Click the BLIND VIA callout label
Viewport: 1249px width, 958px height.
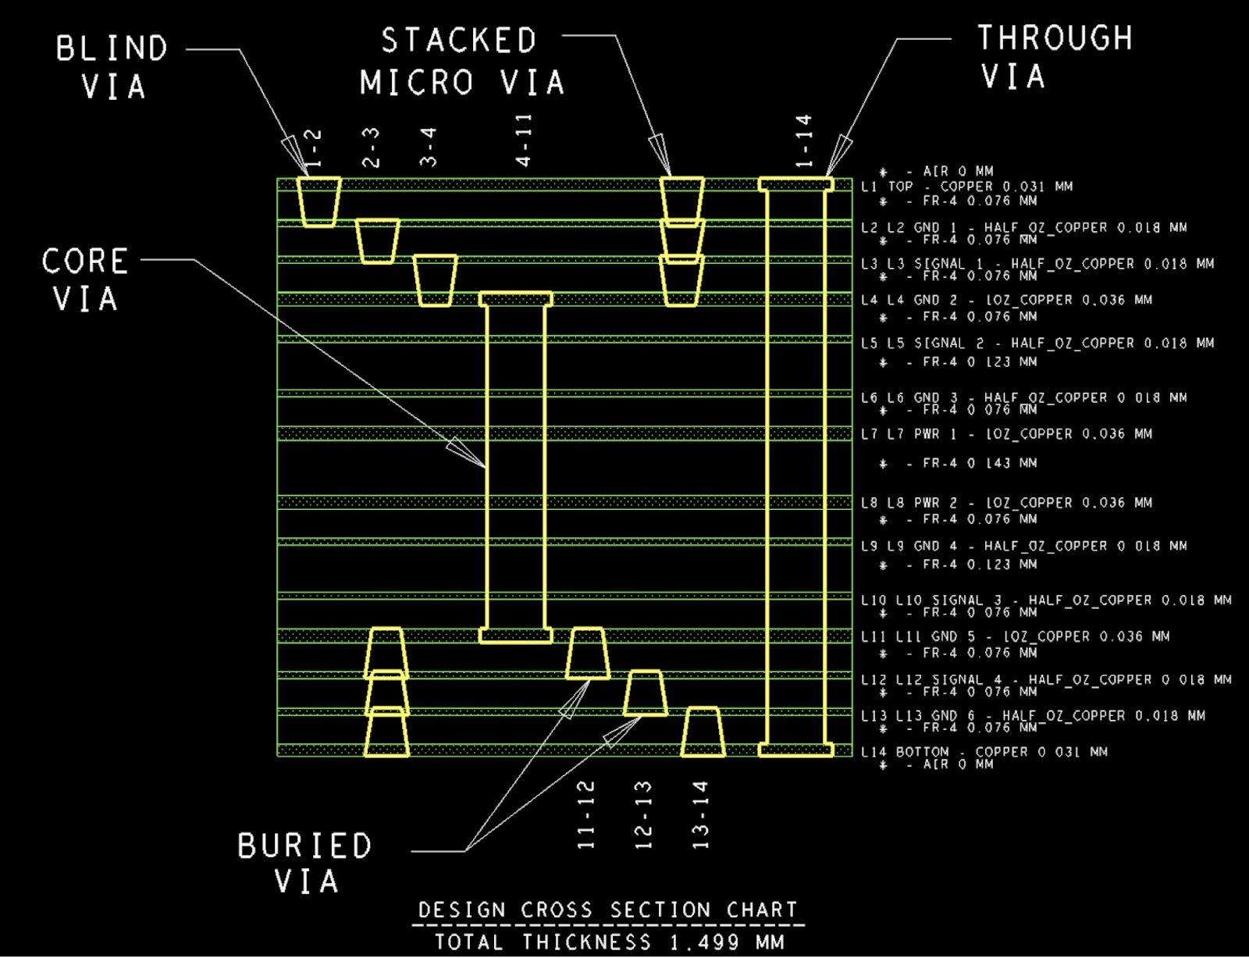112,67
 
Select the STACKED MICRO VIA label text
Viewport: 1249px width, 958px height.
461,62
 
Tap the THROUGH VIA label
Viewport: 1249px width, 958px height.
1054,57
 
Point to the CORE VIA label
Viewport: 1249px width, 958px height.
85,280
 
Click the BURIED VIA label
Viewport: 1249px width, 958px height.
305,864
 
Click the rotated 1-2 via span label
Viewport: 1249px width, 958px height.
313,148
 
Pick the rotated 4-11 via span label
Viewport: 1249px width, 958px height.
524,139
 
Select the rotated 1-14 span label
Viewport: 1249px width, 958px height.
804,141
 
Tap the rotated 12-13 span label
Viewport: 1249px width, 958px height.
643,814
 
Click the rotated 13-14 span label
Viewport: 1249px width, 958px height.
700,814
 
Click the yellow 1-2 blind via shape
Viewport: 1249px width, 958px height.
320,201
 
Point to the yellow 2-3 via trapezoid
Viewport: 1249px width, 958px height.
378,241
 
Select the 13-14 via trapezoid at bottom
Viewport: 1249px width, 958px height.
703,732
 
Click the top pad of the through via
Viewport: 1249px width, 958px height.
796,184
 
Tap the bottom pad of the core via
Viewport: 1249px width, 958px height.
516,636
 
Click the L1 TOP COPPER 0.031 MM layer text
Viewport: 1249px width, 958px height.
966,187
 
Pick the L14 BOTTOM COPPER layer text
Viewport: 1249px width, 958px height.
984,752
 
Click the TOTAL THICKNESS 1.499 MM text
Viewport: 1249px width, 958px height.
609,942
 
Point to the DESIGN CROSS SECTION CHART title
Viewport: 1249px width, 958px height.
608,910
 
